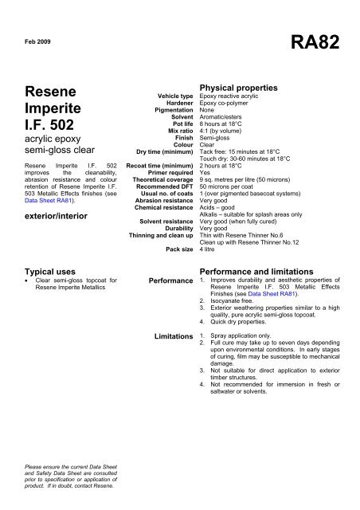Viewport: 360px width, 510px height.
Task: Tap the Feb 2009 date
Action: click(36, 39)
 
